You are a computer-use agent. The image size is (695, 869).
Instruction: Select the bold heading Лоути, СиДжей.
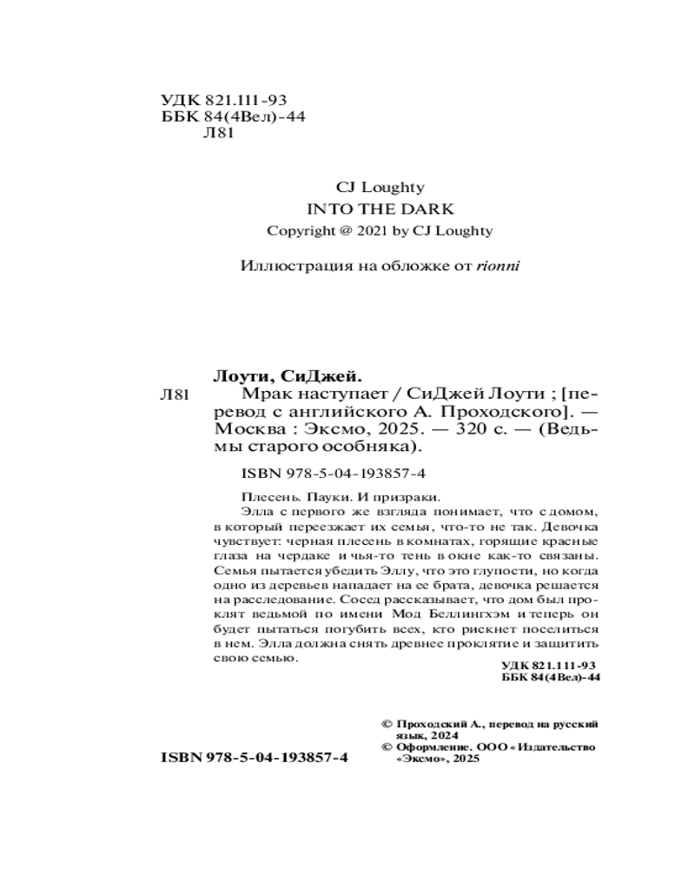(287, 376)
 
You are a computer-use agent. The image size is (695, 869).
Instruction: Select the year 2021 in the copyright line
(393, 230)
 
